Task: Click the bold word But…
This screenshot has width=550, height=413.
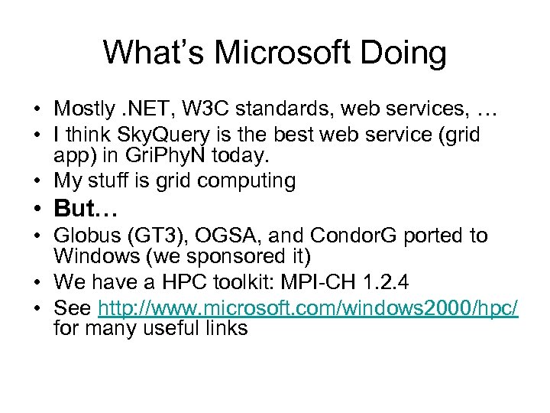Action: tap(85, 208)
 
